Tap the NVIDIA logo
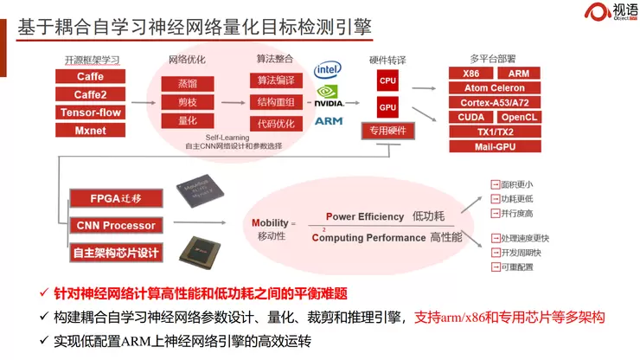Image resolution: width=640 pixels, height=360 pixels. click(x=329, y=95)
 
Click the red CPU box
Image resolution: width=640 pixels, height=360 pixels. click(x=387, y=80)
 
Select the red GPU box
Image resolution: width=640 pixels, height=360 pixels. click(x=387, y=108)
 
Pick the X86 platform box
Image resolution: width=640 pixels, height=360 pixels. click(x=470, y=74)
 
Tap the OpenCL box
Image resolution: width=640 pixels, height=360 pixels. click(x=519, y=117)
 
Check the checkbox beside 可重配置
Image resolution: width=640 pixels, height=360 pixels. click(x=494, y=267)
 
